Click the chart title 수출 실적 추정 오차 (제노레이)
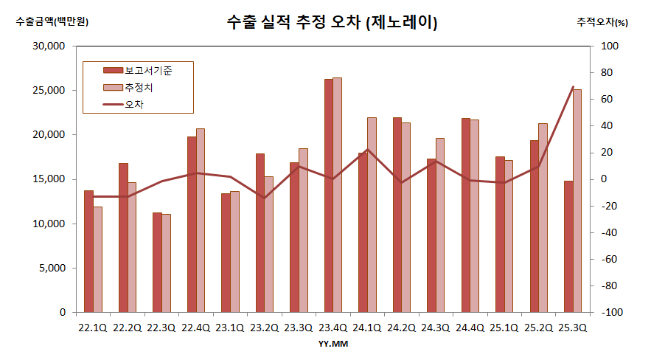[332, 23]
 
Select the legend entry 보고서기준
[147, 70]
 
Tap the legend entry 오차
[134, 105]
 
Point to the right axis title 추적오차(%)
[602, 22]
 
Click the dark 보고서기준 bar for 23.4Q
[328, 195]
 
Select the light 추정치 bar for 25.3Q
[577, 201]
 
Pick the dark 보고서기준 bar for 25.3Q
[568, 246]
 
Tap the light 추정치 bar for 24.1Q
[372, 215]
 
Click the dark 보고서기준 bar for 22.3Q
[157, 262]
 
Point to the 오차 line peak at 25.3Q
[573, 87]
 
